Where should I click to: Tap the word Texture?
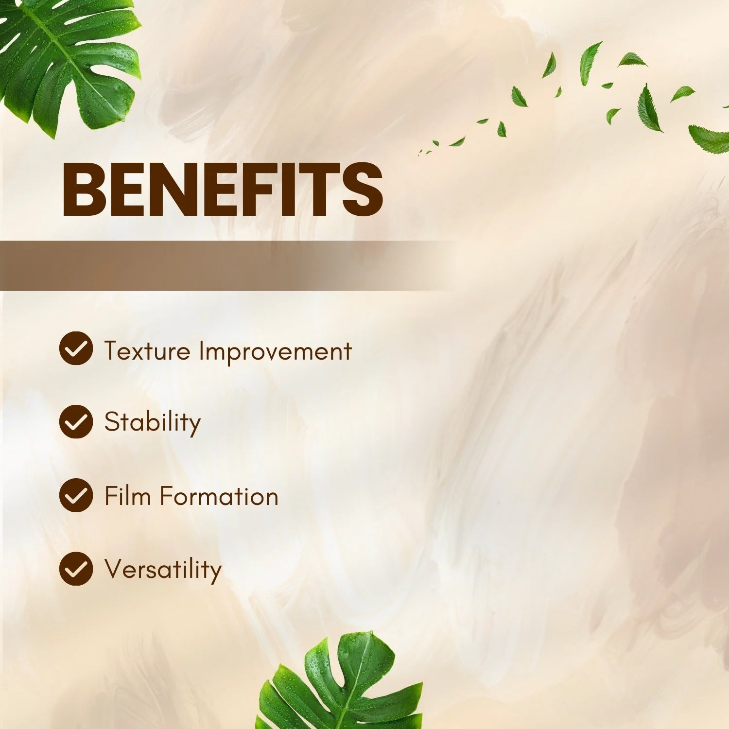[147, 351]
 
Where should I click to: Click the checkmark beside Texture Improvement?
[76, 348]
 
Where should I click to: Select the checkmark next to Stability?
[76, 422]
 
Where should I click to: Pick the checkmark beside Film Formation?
[76, 495]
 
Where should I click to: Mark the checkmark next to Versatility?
[76, 569]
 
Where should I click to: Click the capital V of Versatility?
[116, 569]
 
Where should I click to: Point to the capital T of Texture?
[114, 351]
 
